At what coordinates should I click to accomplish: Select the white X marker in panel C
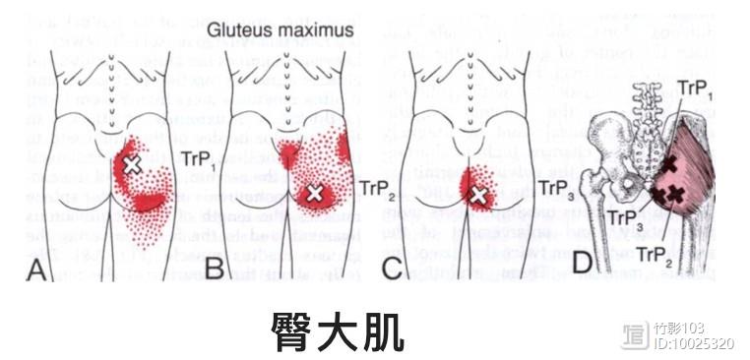[477, 196]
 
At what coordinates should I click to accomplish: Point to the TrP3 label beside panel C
[558, 184]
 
